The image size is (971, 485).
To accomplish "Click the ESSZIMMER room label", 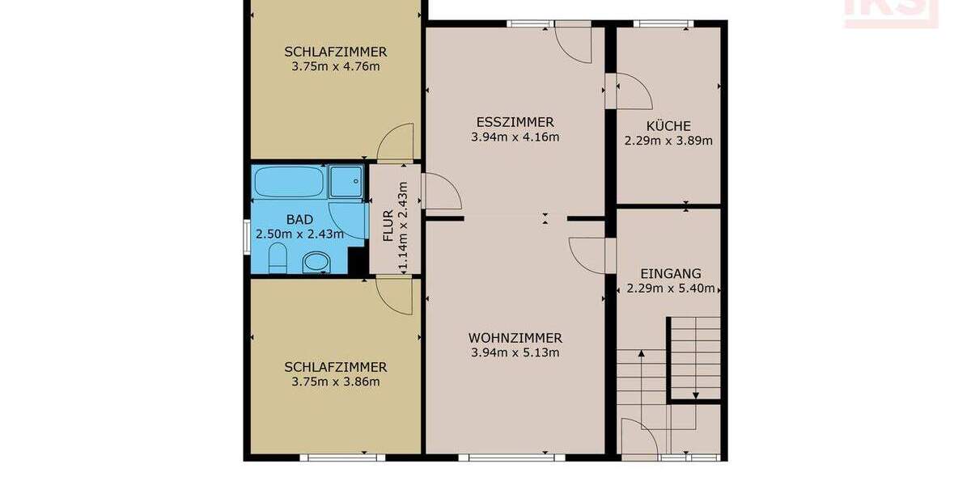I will tap(515, 122).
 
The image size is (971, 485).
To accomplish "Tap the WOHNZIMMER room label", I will tap(515, 338).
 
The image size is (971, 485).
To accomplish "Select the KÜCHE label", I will tap(668, 126).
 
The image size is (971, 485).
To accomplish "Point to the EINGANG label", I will tap(670, 274).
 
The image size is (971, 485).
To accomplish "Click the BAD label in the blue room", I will tap(299, 219).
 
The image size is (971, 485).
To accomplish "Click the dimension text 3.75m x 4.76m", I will tap(335, 66).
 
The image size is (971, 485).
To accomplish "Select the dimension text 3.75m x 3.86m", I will tap(335, 382).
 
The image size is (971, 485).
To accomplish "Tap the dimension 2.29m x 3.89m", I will tap(668, 141).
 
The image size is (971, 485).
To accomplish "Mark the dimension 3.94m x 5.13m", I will tap(515, 352).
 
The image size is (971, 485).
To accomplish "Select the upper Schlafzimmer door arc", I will tap(396, 142).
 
